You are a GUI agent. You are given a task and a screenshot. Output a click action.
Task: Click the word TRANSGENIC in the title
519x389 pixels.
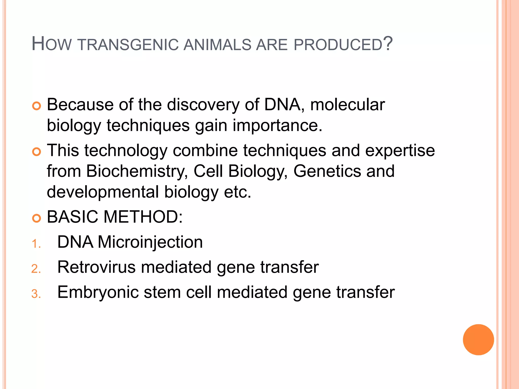click(128, 45)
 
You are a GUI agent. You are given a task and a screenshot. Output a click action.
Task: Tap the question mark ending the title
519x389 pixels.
click(388, 44)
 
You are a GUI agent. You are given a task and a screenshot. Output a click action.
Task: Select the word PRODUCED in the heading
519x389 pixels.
click(338, 45)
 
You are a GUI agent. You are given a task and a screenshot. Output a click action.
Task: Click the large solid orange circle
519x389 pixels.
click(478, 340)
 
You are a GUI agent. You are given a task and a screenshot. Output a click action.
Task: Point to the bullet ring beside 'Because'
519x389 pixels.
click(36, 106)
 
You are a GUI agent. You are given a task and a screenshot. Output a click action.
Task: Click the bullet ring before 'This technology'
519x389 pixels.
click(36, 152)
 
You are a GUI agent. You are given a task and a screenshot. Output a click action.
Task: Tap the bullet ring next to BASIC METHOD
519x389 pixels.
click(36, 218)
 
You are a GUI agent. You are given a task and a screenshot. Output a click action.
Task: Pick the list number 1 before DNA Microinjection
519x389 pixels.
click(35, 244)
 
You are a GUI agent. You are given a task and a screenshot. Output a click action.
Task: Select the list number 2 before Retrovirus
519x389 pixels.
click(36, 269)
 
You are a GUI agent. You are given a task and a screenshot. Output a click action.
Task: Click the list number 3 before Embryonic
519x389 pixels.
click(36, 294)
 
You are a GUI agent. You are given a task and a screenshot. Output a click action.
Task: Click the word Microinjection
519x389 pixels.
click(150, 242)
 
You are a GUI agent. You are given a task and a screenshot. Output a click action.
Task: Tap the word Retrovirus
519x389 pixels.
click(97, 267)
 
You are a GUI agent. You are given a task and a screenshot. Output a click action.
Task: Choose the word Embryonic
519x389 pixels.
click(98, 293)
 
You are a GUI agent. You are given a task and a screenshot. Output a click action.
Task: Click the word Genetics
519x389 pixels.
click(327, 171)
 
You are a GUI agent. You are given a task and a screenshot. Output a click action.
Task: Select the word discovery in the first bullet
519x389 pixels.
click(203, 105)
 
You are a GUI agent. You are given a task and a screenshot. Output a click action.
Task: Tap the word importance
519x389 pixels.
click(277, 125)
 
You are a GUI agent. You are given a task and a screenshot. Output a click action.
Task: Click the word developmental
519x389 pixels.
click(103, 192)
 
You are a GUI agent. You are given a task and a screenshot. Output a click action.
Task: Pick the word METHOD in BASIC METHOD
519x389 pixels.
click(143, 217)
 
